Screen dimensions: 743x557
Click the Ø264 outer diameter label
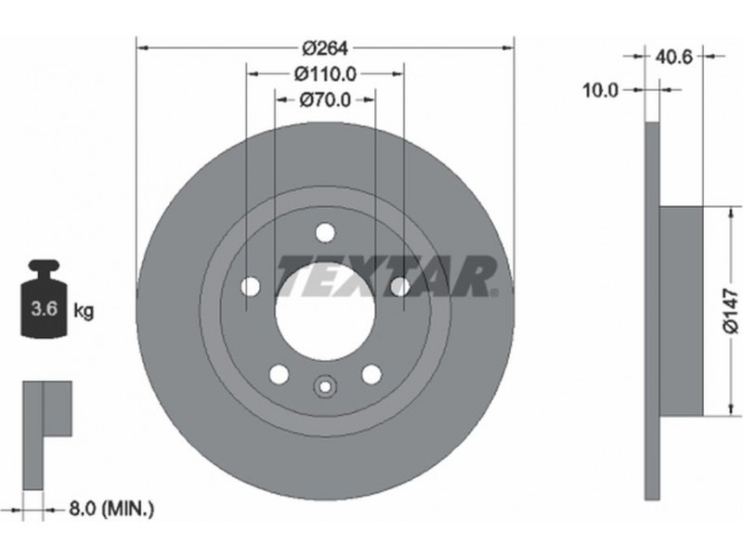(x=325, y=48)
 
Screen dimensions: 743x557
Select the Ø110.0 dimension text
(x=325, y=74)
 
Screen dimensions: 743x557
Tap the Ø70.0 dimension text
(x=325, y=100)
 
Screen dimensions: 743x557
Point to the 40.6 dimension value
(x=673, y=57)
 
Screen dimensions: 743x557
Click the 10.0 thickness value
(x=600, y=90)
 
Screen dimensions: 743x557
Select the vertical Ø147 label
(x=731, y=312)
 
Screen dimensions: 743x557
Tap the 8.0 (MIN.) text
(x=111, y=509)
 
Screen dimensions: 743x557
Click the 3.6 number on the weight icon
(x=44, y=308)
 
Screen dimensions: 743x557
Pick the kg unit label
(x=84, y=311)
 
